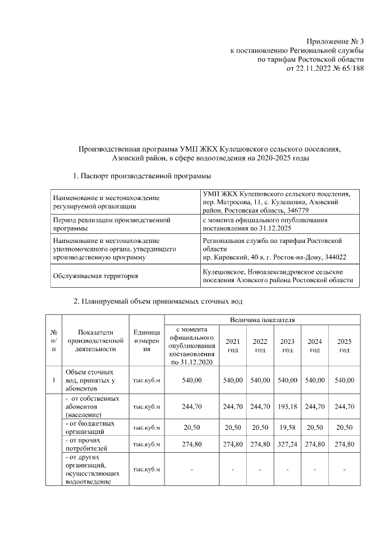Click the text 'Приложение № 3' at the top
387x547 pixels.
coord(334,40)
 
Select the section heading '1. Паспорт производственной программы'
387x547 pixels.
coord(141,176)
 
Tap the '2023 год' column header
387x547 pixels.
coord(287,346)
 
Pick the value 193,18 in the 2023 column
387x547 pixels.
coord(287,407)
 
